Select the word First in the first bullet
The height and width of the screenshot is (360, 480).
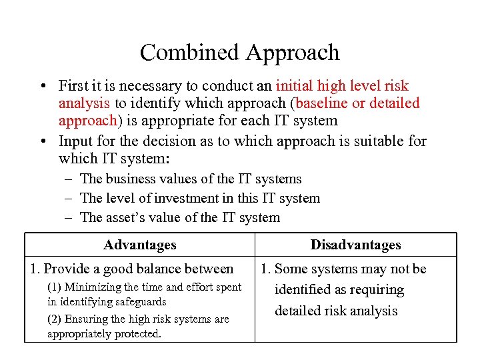[x=73, y=86]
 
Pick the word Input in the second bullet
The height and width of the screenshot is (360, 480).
[x=75, y=141]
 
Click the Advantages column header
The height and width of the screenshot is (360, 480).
[x=140, y=245]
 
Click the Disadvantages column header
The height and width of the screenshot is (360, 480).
[x=355, y=245]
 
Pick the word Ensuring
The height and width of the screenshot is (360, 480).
[x=87, y=319]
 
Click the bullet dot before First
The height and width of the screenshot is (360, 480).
[x=43, y=87]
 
